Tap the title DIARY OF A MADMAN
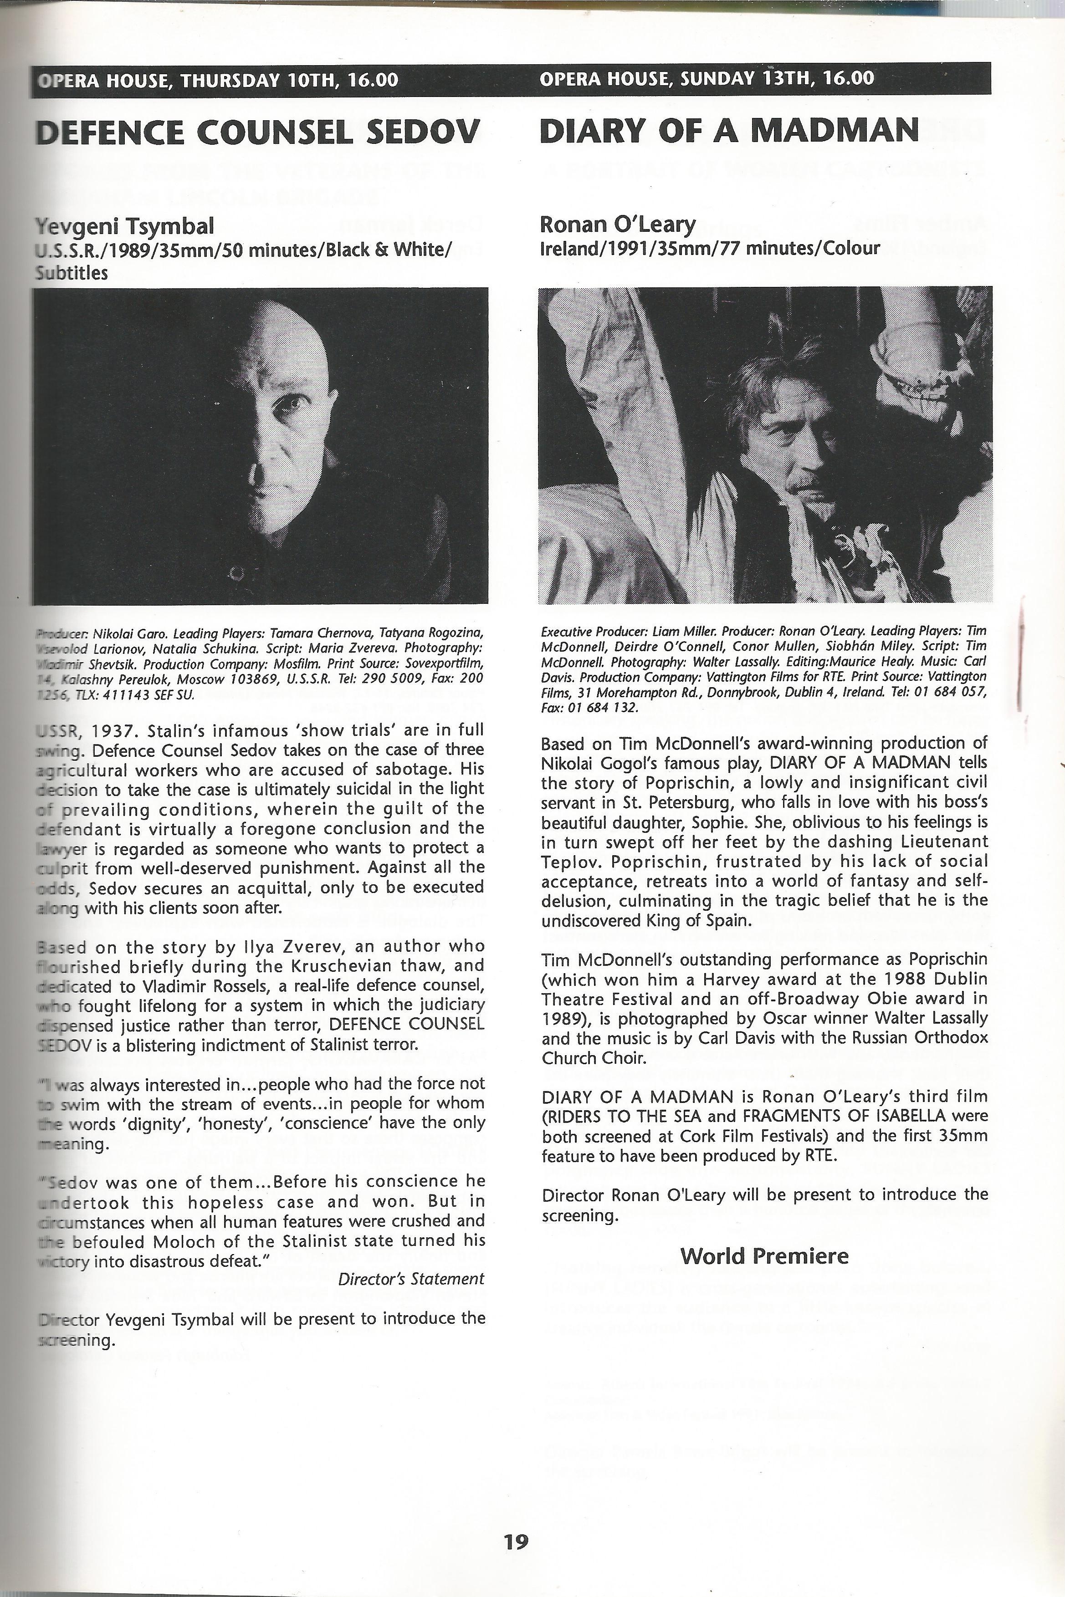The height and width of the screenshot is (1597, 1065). click(729, 130)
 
